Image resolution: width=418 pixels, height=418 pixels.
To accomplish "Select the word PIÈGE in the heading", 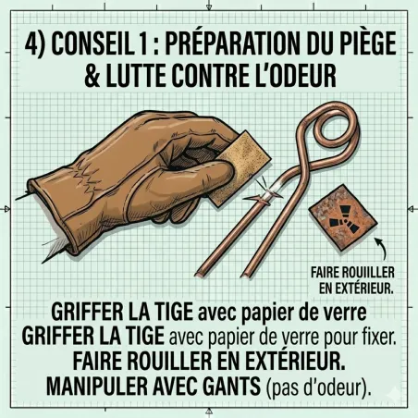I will [x=363, y=43].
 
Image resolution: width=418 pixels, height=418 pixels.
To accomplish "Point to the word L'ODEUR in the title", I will [x=293, y=78].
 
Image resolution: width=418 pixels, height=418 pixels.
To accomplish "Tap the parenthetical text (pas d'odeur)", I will [x=318, y=387].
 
